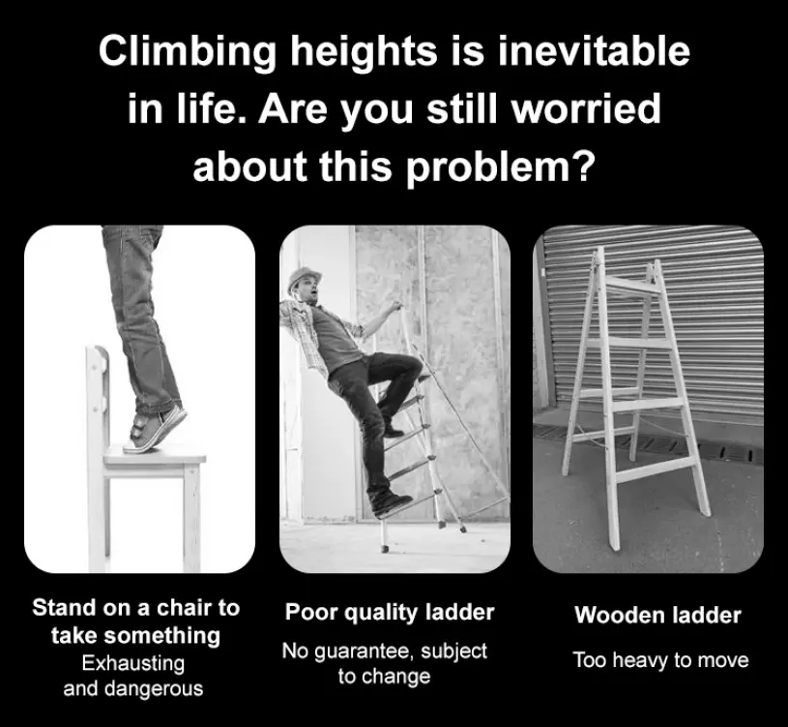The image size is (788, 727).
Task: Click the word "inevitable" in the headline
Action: point(594,50)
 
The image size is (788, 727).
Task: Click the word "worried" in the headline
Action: point(586,108)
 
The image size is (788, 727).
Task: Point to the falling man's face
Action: point(310,292)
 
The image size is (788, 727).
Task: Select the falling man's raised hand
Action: point(396,305)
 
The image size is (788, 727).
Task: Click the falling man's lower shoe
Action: point(391,502)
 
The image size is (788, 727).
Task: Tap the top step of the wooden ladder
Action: point(632,284)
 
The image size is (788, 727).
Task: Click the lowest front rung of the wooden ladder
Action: point(654,470)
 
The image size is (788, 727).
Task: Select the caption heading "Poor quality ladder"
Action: point(390,613)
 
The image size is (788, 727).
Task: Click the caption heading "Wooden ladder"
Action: point(657,615)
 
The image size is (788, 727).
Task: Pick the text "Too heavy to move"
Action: point(660,660)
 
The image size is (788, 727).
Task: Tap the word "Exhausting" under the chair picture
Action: point(133,663)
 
